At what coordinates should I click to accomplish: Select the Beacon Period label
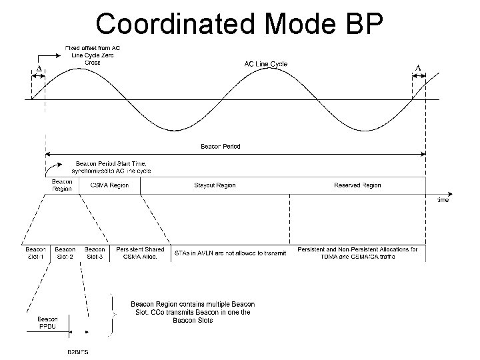click(221, 147)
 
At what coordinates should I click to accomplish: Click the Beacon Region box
click(62, 185)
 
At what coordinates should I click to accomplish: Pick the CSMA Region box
click(109, 185)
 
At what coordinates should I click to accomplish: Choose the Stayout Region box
click(215, 185)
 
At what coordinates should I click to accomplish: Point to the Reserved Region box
click(357, 185)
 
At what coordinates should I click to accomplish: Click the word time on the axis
click(443, 199)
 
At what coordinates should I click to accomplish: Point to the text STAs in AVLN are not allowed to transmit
click(230, 253)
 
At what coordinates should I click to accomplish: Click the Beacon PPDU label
click(47, 323)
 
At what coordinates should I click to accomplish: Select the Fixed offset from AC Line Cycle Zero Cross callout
click(93, 55)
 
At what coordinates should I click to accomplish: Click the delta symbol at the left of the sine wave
click(38, 69)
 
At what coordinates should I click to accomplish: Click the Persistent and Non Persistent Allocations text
click(357, 253)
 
